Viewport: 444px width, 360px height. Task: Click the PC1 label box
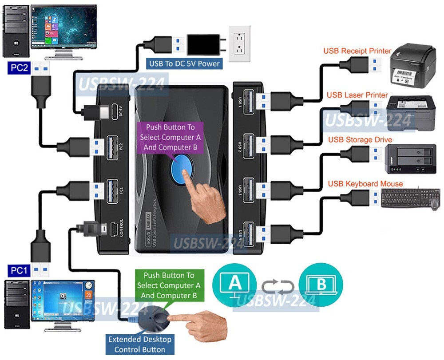tap(19, 270)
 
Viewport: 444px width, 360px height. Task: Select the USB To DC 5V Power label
tap(184, 63)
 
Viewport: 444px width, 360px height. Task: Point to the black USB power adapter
tap(203, 45)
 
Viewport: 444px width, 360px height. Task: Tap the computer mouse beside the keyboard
tap(435, 203)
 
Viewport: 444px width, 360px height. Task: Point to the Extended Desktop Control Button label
tap(140, 344)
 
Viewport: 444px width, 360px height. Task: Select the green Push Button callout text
tap(169, 285)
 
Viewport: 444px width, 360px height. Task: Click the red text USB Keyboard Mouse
tap(365, 184)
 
